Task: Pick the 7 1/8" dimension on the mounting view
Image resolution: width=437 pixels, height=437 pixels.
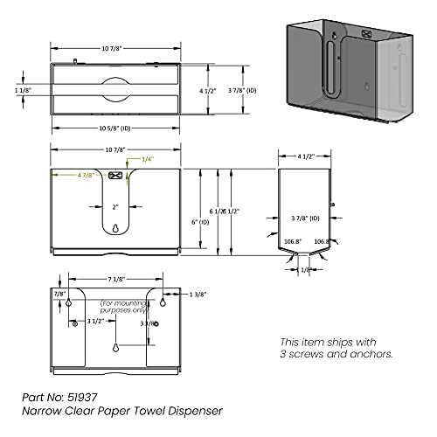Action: pos(109,279)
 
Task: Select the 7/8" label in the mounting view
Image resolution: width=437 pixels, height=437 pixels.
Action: pos(59,295)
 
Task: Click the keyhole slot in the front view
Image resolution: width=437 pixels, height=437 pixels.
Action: pos(116,230)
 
